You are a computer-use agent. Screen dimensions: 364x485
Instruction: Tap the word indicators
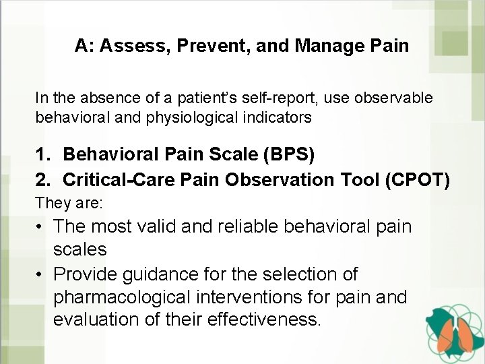(278, 117)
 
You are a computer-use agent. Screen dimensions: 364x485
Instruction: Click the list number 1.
(42, 154)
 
